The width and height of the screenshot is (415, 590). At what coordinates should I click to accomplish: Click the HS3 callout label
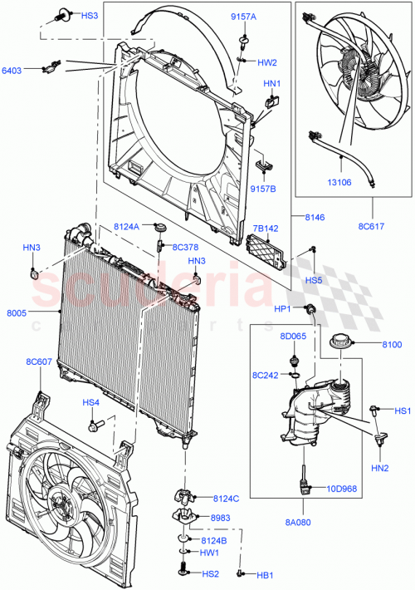[x=89, y=16]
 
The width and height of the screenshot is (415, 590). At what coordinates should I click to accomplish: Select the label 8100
[x=393, y=343]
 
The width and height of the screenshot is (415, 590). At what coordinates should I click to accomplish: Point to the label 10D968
[x=341, y=489]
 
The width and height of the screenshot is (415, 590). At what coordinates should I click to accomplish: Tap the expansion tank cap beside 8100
[x=340, y=342]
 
